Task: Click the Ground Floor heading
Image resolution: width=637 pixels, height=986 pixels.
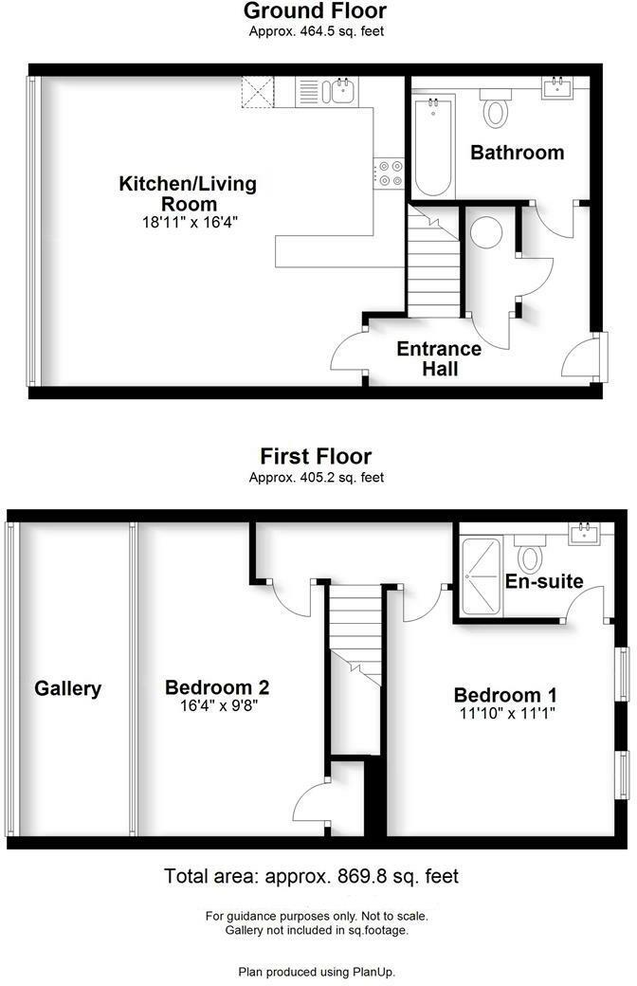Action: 316,11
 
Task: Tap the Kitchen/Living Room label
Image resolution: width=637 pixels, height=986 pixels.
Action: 187,192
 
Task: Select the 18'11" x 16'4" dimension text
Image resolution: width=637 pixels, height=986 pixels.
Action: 187,222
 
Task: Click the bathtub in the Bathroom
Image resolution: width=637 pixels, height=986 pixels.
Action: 434,148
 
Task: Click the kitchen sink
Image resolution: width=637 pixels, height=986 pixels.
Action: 338,91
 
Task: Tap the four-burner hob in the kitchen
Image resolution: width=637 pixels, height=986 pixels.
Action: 390,172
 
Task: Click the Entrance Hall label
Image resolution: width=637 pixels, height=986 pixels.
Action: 439,358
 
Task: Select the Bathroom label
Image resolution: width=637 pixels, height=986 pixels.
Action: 517,153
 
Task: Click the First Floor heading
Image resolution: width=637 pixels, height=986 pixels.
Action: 316,457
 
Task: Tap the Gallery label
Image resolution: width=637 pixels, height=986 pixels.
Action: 68,688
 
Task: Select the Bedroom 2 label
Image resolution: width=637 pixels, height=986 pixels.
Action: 211,687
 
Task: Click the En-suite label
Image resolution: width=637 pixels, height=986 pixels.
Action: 543,580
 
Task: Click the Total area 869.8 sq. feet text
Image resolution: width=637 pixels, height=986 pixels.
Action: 312,876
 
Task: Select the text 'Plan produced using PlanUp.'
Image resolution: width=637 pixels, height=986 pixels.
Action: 317,972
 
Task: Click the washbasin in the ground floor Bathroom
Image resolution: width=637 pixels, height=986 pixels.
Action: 558,89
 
